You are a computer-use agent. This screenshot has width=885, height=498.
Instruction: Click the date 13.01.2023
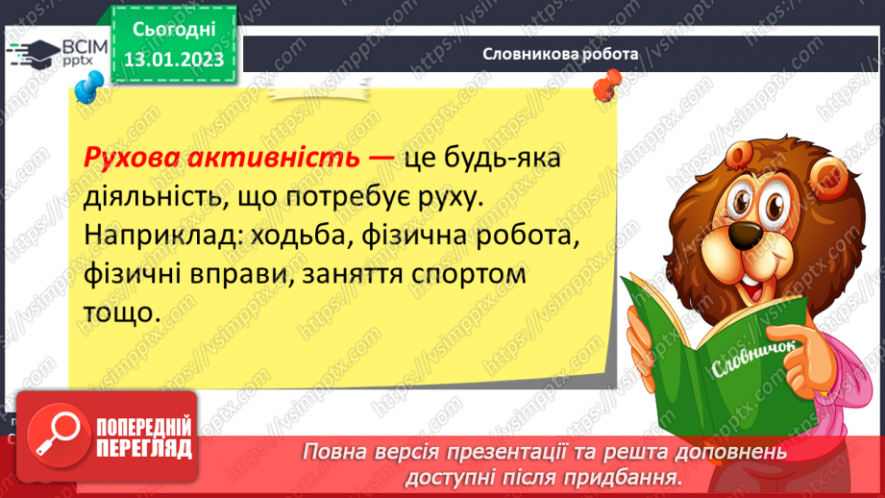(173, 59)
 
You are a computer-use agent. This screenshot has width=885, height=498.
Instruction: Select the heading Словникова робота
(560, 55)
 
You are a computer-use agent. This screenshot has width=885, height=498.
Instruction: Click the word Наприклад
(155, 235)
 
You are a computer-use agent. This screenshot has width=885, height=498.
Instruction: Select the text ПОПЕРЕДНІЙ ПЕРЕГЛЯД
(144, 437)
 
